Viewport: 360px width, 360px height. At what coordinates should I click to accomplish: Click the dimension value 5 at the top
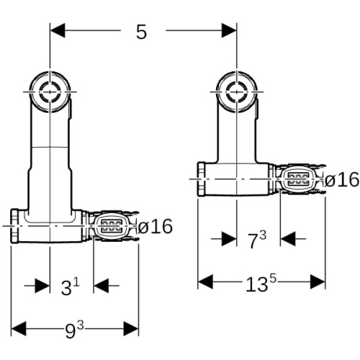141,32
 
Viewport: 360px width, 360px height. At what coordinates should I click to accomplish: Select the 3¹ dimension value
70,287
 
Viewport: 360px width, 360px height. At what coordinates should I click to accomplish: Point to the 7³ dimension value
257,240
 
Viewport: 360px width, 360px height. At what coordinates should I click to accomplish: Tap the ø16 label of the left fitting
156,226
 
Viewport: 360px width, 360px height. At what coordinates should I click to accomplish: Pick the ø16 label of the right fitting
342,179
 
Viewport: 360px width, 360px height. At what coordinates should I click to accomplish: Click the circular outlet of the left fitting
50,91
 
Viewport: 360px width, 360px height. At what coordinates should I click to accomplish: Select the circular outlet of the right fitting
237,91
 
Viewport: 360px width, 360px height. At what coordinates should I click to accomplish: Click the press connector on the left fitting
112,226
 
